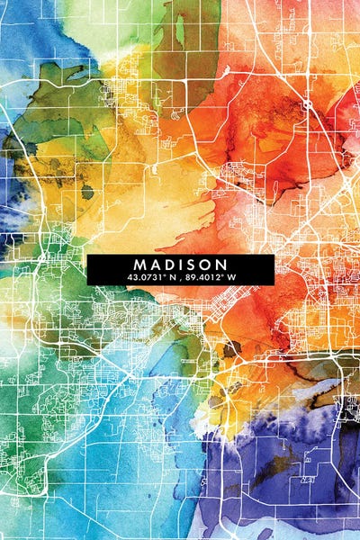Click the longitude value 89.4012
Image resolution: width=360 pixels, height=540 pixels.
(x=204, y=277)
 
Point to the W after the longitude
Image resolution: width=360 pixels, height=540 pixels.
(x=230, y=277)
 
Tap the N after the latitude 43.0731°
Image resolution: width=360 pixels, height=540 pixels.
(x=168, y=277)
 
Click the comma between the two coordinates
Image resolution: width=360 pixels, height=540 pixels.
(x=176, y=279)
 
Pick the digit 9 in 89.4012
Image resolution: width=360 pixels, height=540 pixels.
(x=192, y=277)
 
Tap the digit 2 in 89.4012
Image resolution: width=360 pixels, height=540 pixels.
(x=219, y=277)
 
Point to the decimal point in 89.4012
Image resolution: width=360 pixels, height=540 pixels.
(x=196, y=280)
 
